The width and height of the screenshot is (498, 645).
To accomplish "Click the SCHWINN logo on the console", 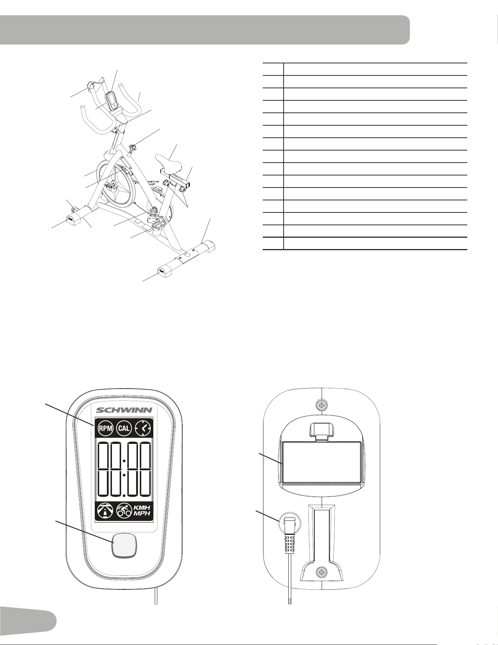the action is point(124,409).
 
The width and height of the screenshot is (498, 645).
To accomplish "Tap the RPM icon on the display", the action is point(105,429).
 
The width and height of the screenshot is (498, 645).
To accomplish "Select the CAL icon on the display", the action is point(124,429).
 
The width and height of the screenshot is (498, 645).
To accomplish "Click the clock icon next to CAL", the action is point(143,429).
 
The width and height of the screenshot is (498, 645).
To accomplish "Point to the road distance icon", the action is point(105,511).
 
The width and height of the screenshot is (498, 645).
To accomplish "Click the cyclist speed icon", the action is point(124,511).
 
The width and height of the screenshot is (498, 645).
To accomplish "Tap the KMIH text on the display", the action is point(142,507).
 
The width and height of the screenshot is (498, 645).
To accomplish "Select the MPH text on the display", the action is point(141,514).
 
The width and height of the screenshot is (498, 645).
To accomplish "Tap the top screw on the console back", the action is point(321,405).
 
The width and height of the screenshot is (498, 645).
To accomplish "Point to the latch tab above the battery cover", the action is point(321,431).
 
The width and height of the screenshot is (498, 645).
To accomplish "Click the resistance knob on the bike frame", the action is point(133,147).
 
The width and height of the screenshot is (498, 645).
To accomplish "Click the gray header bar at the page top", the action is point(205,30).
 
